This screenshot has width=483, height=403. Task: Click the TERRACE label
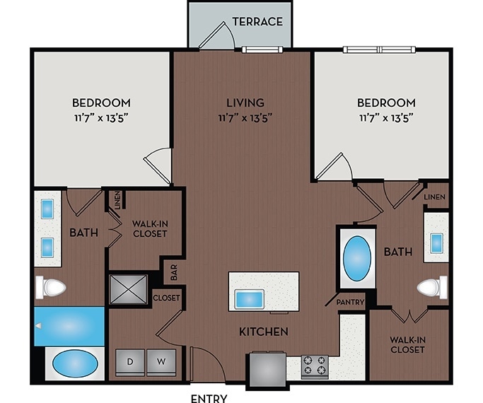(258, 21)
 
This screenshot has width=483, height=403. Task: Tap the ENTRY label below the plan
(209, 398)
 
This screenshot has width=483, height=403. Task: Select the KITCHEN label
(263, 332)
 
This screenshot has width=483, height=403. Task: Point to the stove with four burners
(315, 366)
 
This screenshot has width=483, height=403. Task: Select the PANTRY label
(351, 303)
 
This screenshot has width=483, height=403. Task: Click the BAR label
(173, 271)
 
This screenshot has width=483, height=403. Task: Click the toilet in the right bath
(431, 288)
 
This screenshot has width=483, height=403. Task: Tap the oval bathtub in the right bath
(359, 258)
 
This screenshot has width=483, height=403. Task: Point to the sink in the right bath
(436, 242)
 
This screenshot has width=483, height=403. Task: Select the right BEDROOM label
(386, 103)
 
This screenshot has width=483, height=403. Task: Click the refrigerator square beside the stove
(266, 368)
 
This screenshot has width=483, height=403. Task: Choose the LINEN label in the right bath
(436, 196)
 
